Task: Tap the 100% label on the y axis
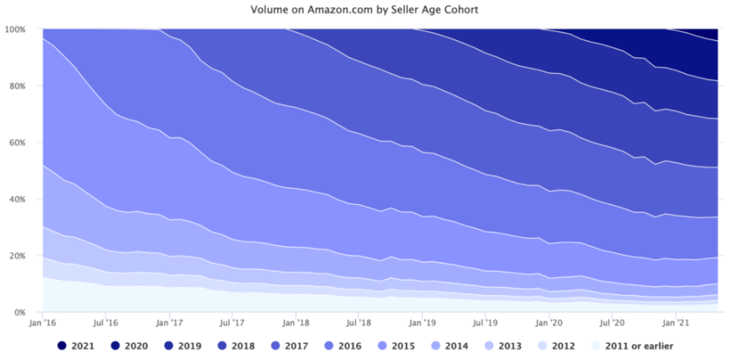(15, 30)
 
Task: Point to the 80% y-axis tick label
(17, 86)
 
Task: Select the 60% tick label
(17, 143)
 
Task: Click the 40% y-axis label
(17, 199)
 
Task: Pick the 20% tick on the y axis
(17, 256)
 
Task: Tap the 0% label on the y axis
(19, 313)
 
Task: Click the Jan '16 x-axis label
(43, 324)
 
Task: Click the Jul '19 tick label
(485, 324)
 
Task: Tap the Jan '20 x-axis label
(549, 324)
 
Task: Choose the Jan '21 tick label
(676, 324)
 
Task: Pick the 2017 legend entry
(289, 346)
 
